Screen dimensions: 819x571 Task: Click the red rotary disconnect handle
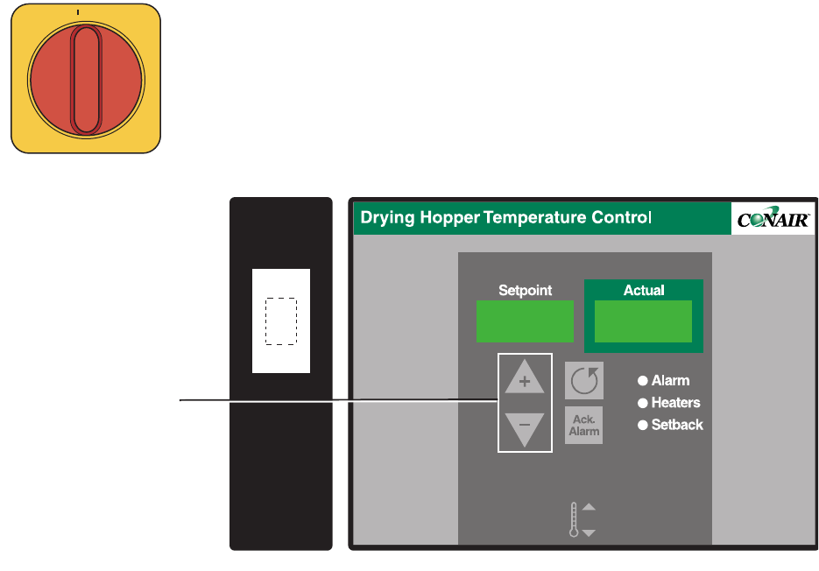pos(85,80)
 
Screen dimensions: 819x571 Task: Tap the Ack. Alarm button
pos(583,426)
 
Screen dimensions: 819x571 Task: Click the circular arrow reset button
pos(583,381)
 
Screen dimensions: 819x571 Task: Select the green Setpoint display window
pos(525,321)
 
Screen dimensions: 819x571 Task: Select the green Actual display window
pos(643,321)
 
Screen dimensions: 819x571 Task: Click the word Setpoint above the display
pos(525,290)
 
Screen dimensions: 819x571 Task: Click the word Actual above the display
pos(644,290)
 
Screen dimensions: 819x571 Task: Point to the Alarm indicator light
pos(642,381)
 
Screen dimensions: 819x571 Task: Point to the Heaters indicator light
pos(642,403)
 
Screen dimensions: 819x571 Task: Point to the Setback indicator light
pos(642,425)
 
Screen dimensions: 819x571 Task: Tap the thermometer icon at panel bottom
pos(575,519)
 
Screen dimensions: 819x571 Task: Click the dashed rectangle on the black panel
pos(281,321)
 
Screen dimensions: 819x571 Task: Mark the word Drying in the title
pos(387,218)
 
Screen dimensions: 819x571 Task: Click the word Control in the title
pos(620,218)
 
